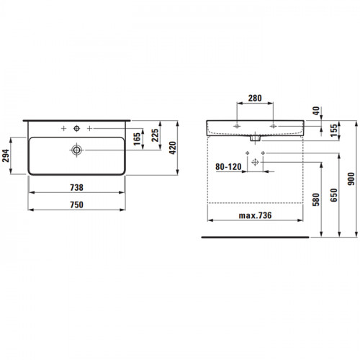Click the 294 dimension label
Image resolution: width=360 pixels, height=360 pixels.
6,156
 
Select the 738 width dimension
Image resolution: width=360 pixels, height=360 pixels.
76,187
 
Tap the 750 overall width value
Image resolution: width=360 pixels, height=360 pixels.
76,204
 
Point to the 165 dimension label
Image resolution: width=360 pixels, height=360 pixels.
137,139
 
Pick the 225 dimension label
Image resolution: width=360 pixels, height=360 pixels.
155,135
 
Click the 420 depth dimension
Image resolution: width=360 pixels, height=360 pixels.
172,148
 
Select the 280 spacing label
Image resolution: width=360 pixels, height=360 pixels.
255,98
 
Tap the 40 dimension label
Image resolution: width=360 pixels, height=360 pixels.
316,111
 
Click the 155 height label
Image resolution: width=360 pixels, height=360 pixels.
333,130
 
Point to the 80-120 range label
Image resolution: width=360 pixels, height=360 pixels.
228,166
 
